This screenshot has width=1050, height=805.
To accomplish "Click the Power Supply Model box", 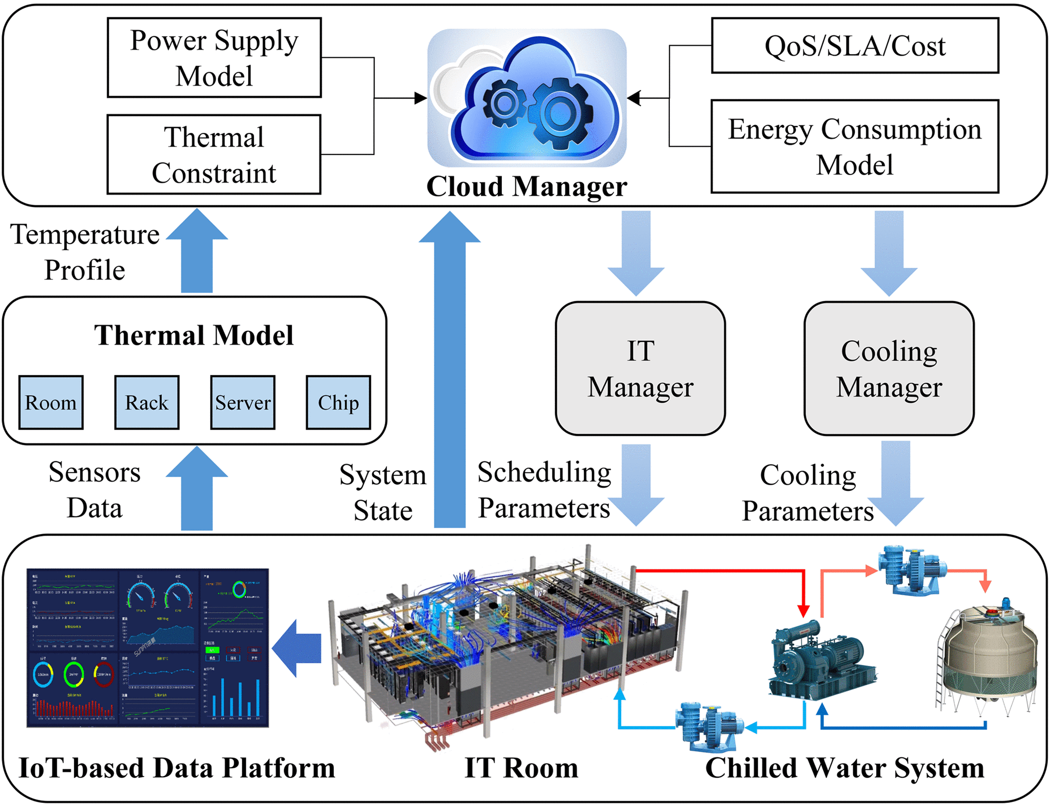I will coord(214,58).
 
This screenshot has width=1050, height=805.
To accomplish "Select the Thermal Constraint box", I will coord(214,155).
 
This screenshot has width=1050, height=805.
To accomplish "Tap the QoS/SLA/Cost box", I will coord(855,46).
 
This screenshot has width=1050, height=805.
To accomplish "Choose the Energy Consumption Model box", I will coord(855,147).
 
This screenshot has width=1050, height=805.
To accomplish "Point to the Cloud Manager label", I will coord(527,186).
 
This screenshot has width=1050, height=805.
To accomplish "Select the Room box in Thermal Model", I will coord(51,403).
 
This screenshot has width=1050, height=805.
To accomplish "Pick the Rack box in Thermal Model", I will coord(147,403).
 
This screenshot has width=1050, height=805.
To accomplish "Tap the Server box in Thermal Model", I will coord(243,403).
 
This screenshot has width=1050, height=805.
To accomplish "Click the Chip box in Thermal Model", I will coord(339,403).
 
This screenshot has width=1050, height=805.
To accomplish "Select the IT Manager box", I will coord(640,369).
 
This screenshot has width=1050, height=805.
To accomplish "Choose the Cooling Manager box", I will coord(889,369).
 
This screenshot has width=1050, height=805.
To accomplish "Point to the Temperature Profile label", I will coord(85,252).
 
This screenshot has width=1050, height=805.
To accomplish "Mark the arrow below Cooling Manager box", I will coord(896,483).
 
